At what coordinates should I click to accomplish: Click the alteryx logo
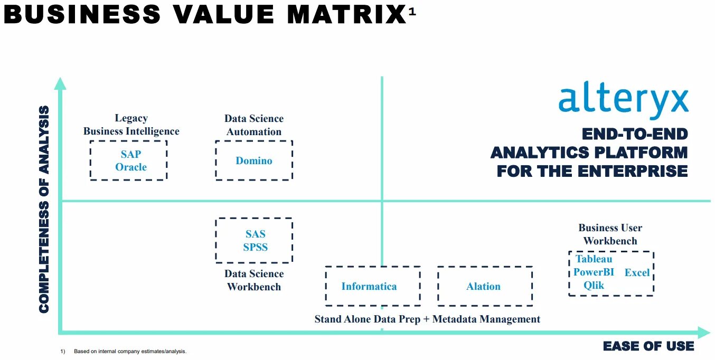tap(623, 102)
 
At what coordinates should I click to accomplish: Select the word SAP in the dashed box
tap(131, 154)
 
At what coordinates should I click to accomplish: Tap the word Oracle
tap(131, 167)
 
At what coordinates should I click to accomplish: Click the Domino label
tap(254, 160)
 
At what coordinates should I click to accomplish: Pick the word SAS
tap(256, 234)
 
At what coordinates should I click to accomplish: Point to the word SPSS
tap(256, 247)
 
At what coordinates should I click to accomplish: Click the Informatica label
tap(369, 287)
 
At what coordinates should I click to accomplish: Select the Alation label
tap(483, 287)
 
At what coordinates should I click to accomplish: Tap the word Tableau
tap(594, 259)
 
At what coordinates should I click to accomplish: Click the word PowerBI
tap(594, 272)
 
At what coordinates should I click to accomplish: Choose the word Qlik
tap(594, 286)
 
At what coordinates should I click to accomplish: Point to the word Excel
tap(637, 273)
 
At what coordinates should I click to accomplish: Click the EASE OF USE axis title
tap(648, 346)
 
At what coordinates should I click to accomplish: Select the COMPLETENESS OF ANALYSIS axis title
tap(45, 209)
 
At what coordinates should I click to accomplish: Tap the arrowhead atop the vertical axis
tap(61, 83)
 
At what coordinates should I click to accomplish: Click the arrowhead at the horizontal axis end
tap(704, 333)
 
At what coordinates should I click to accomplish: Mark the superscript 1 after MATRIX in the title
tap(412, 12)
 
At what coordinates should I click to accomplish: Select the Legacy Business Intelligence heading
tap(131, 125)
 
